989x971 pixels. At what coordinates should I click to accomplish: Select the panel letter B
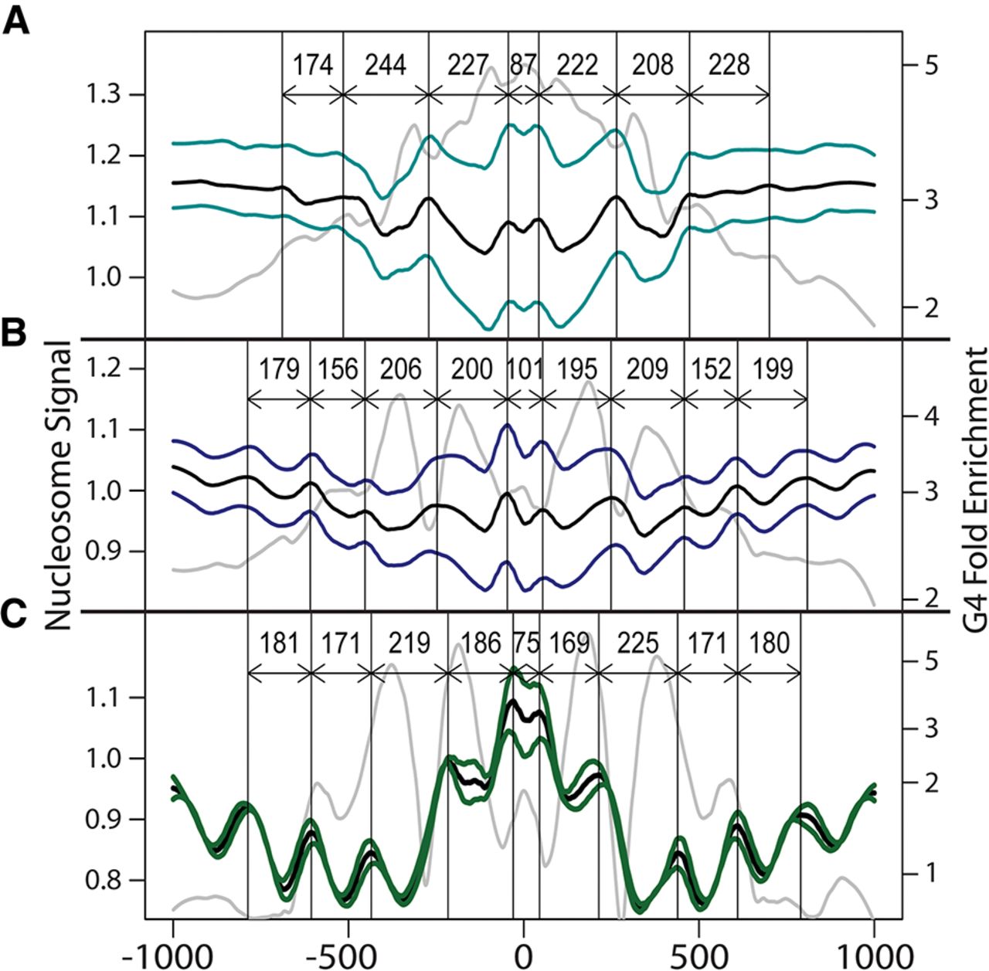coord(15,336)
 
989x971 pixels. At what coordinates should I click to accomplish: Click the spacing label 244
coord(386,65)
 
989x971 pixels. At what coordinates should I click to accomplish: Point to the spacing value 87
coord(523,65)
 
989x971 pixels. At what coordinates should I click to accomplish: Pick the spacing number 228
coord(729,65)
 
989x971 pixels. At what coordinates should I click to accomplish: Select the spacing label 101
coord(525,369)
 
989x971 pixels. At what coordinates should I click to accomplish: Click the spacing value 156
coord(338,369)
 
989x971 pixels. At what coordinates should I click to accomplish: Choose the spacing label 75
coord(526,643)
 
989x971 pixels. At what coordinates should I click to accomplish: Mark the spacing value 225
coord(638,643)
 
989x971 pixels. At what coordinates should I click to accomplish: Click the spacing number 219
coord(409,643)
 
